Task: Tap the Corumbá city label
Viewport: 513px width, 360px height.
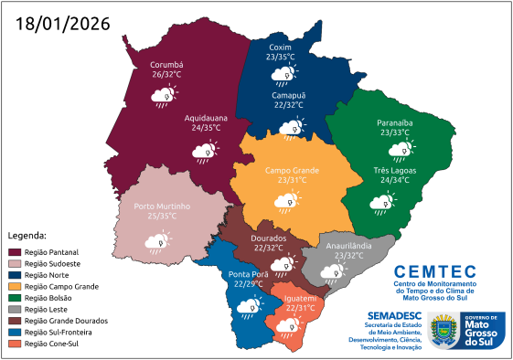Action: coord(167,65)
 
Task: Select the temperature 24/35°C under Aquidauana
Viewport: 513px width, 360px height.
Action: coord(205,129)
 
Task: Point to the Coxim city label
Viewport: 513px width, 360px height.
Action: coord(281,47)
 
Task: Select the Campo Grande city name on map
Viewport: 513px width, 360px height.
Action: coord(292,170)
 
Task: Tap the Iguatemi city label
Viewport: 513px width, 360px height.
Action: coord(300,298)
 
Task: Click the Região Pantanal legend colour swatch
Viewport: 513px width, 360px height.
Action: coord(15,251)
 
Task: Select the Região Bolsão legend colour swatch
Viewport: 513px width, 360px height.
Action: coord(15,298)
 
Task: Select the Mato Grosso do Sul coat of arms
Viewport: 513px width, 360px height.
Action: coord(445,330)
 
